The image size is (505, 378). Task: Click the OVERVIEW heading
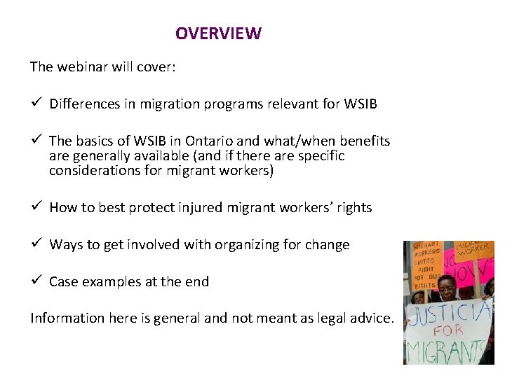[x=218, y=34]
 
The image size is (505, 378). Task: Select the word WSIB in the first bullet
[x=361, y=104]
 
